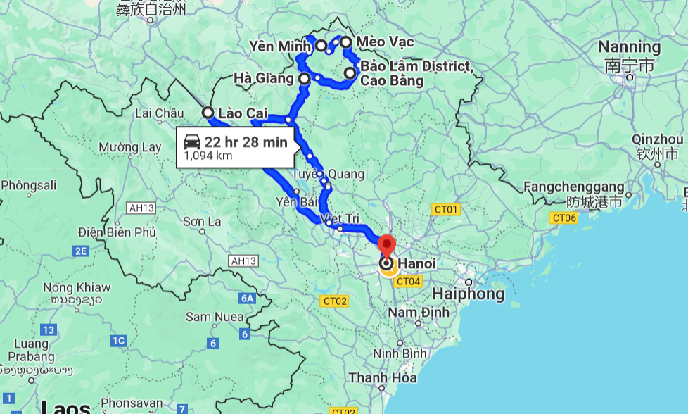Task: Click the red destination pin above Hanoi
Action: click(x=387, y=246)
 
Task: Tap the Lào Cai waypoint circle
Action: click(x=208, y=112)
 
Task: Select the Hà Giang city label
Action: click(x=263, y=78)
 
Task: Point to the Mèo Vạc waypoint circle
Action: click(x=345, y=42)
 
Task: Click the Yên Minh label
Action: click(x=279, y=46)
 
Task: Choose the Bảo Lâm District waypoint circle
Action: click(x=350, y=73)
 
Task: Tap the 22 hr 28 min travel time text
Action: click(x=246, y=142)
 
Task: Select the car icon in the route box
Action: click(x=192, y=142)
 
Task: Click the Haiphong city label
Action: click(x=469, y=294)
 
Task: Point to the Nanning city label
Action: click(x=630, y=47)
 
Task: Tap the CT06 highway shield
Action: click(x=564, y=218)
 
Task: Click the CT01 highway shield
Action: click(x=445, y=209)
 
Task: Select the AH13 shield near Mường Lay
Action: click(x=141, y=208)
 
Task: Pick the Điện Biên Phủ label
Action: click(x=117, y=232)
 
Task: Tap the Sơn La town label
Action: click(x=202, y=222)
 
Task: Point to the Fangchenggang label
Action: click(x=575, y=187)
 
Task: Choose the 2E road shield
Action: click(x=79, y=251)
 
